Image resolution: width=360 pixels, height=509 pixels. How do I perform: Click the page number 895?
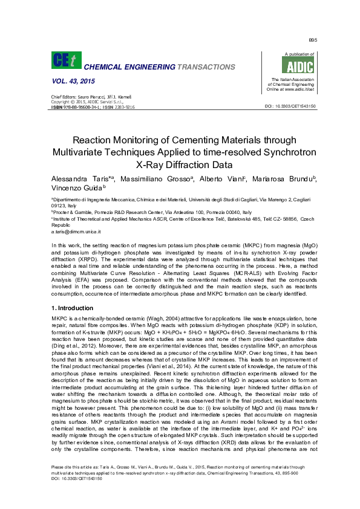[313, 40]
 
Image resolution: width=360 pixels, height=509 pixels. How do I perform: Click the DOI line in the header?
[290, 106]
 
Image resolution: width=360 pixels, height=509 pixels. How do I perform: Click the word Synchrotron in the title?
[275, 151]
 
